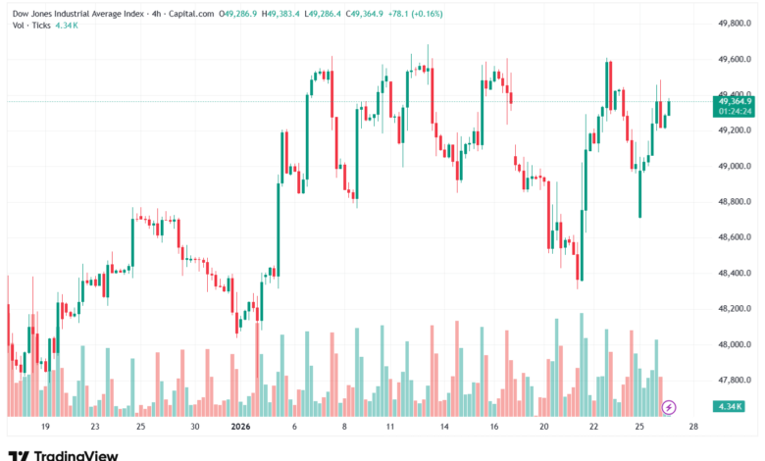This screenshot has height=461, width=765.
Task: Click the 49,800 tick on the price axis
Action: tap(734, 23)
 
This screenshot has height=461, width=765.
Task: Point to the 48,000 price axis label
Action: tap(734, 344)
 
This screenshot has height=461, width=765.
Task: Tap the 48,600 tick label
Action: tap(734, 237)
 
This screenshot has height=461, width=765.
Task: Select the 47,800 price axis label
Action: tap(734, 381)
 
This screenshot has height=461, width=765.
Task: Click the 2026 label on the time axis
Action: tap(241, 428)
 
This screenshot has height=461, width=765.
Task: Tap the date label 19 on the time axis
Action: tap(45, 428)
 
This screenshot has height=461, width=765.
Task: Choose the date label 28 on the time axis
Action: tap(693, 428)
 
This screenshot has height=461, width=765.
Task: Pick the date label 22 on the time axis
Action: tap(593, 428)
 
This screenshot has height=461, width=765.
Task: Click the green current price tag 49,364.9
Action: tap(735, 101)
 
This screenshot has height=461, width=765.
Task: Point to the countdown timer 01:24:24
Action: tap(735, 111)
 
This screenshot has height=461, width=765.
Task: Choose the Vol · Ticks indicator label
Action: tap(31, 26)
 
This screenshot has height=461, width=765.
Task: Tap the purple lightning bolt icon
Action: tap(670, 406)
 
